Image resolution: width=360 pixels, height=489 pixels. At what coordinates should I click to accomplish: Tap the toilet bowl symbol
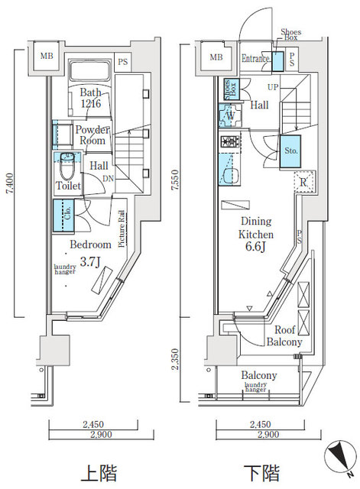click(x=67, y=158)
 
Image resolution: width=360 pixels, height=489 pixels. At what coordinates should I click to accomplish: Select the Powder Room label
click(x=91, y=135)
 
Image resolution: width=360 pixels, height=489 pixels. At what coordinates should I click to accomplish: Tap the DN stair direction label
click(x=112, y=179)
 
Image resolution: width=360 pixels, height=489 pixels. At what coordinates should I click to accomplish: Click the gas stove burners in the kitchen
click(x=230, y=142)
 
